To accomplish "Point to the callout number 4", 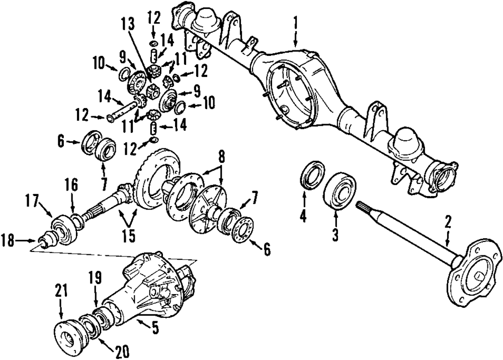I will click(303, 218).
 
